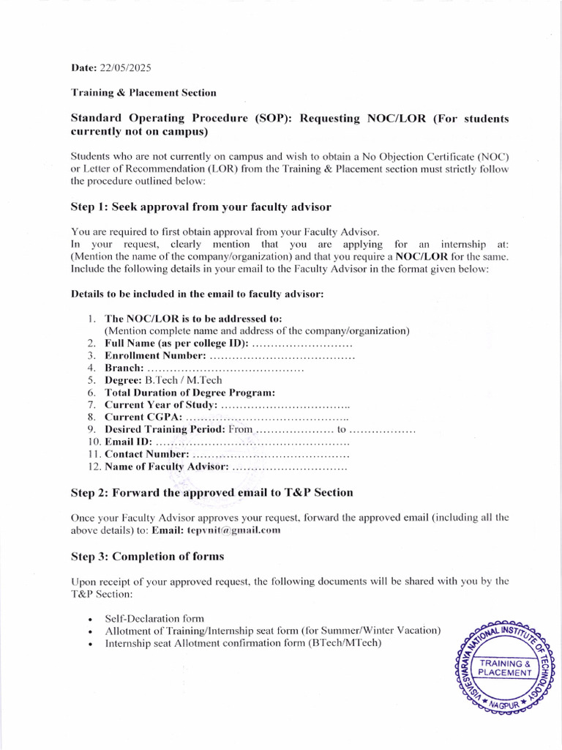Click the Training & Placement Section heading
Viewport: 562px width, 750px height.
[143, 93]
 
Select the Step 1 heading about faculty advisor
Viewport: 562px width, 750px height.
[201, 207]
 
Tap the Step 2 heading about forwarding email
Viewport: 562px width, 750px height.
[211, 492]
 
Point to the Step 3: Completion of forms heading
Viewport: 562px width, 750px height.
[147, 557]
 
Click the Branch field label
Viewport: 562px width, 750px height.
[124, 368]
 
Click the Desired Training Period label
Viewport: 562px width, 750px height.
[165, 429]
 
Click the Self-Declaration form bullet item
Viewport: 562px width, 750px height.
[154, 618]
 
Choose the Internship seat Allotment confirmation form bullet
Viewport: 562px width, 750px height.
[243, 644]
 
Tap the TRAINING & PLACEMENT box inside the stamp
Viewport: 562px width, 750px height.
[505, 668]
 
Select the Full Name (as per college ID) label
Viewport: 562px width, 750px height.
[176, 343]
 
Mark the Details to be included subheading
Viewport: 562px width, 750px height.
[197, 294]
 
